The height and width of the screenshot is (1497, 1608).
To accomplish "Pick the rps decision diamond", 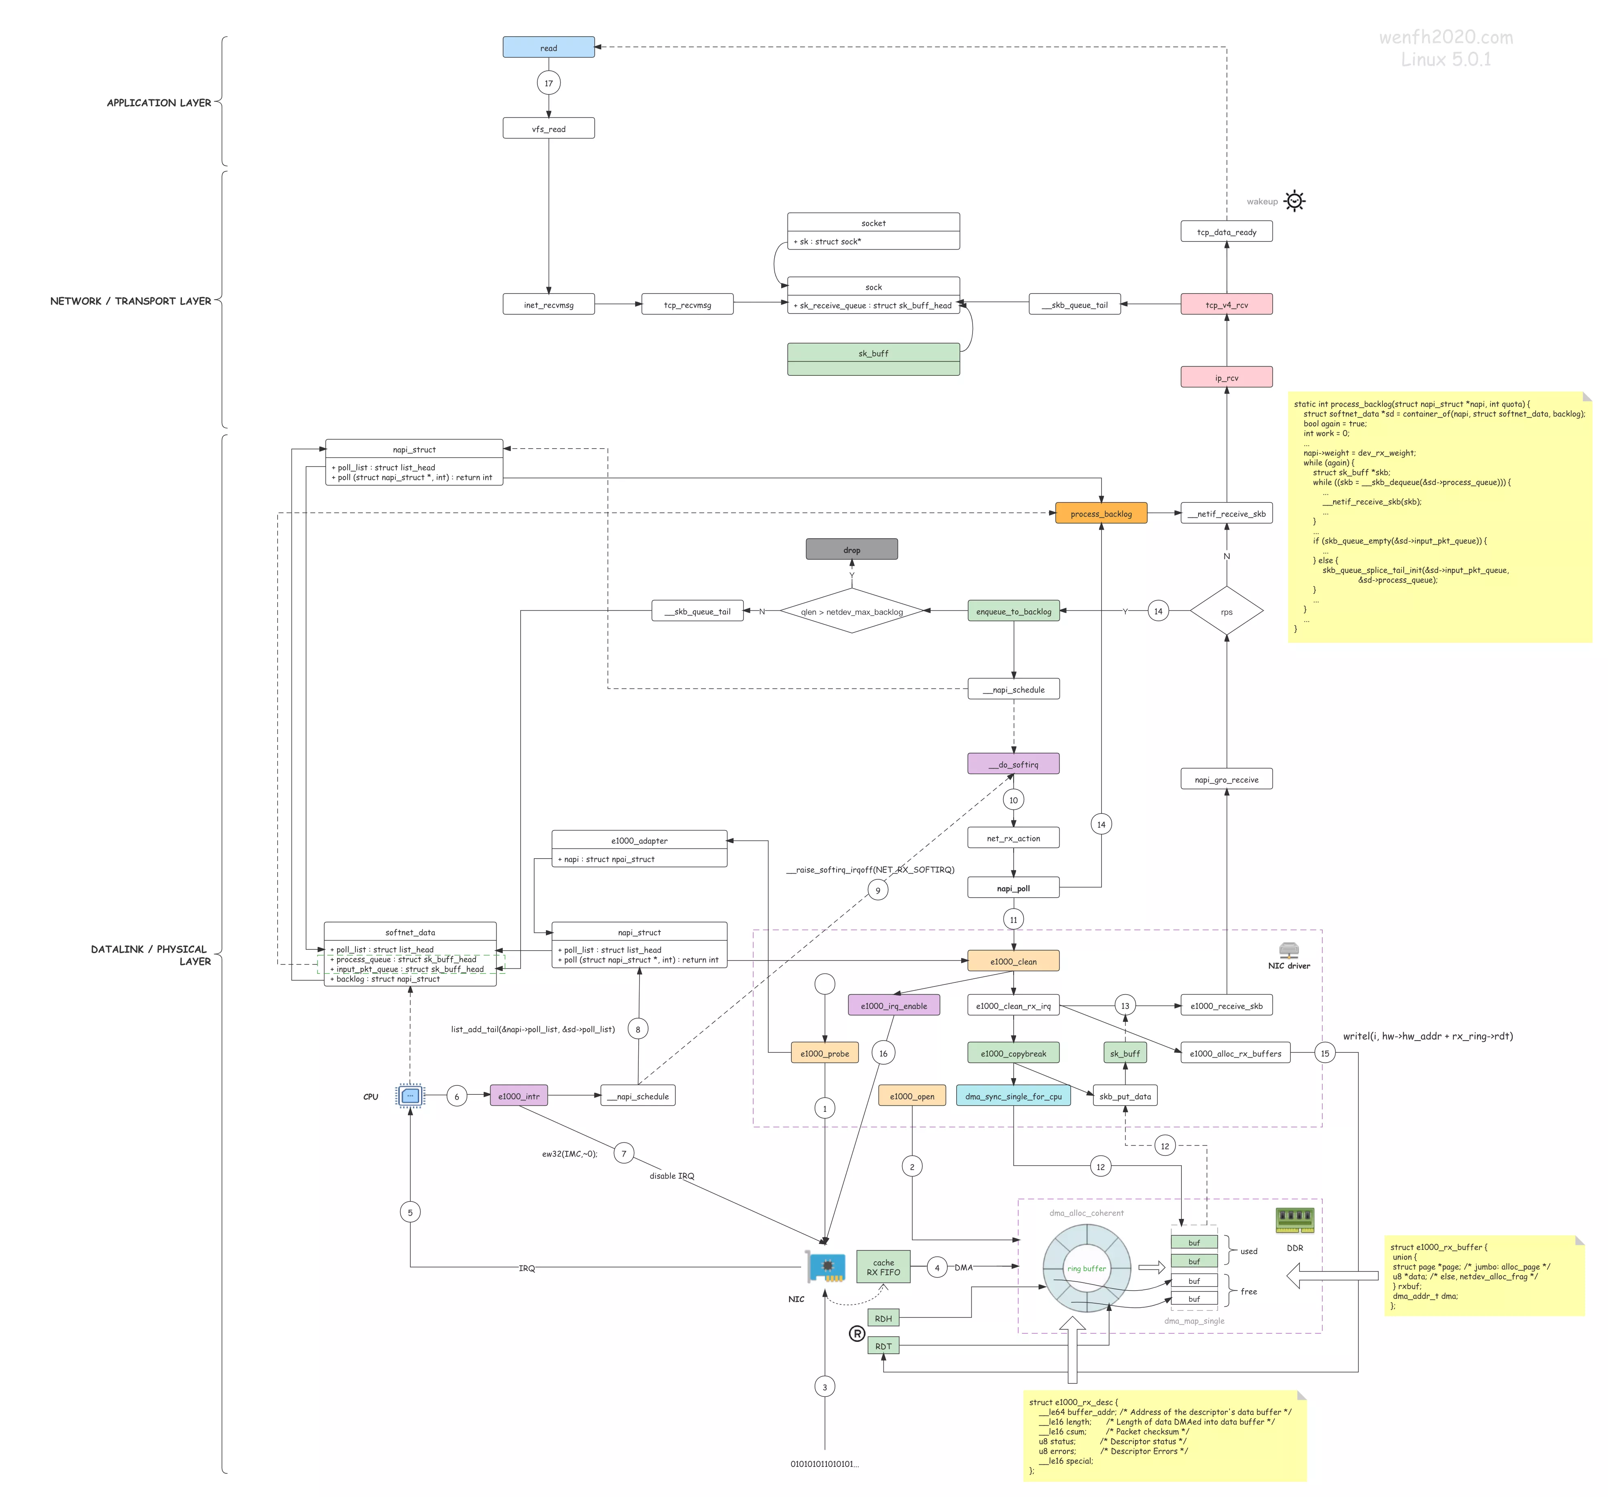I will (1226, 612).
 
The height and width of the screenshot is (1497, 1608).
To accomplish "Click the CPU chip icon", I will (410, 1096).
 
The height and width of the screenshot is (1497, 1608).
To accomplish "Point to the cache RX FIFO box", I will (883, 1267).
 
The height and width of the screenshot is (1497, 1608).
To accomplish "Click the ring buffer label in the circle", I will (1086, 1268).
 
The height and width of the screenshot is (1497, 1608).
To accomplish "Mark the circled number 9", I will (878, 890).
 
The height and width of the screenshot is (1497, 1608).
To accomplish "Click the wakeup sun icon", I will (1295, 201).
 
